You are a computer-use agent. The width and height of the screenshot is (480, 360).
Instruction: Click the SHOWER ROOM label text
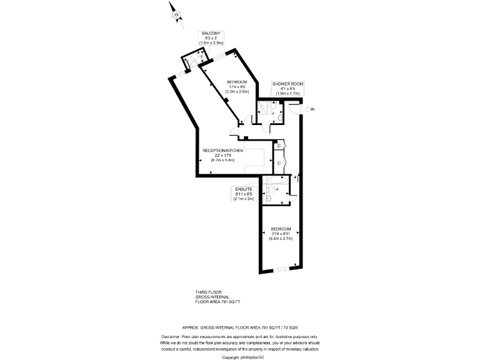(x=287, y=84)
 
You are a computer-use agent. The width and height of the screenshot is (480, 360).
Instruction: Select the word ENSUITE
(x=243, y=188)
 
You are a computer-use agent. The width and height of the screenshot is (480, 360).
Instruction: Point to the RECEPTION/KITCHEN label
(x=222, y=151)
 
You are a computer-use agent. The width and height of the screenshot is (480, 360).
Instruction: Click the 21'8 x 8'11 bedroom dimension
(x=281, y=233)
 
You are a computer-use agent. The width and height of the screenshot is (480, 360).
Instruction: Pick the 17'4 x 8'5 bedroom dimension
(x=237, y=87)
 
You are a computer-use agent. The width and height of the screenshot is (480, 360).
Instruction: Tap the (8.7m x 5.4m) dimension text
(x=222, y=160)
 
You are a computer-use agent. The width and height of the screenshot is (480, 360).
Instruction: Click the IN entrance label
(x=313, y=110)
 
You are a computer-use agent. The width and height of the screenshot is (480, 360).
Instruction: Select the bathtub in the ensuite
(x=274, y=182)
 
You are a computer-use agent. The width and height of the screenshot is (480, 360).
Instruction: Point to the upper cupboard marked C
(x=279, y=147)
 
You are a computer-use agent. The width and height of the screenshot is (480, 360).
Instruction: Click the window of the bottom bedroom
(x=281, y=269)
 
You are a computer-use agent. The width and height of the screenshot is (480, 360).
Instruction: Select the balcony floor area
(x=191, y=60)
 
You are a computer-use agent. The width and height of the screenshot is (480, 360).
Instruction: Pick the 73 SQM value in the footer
(x=290, y=327)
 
